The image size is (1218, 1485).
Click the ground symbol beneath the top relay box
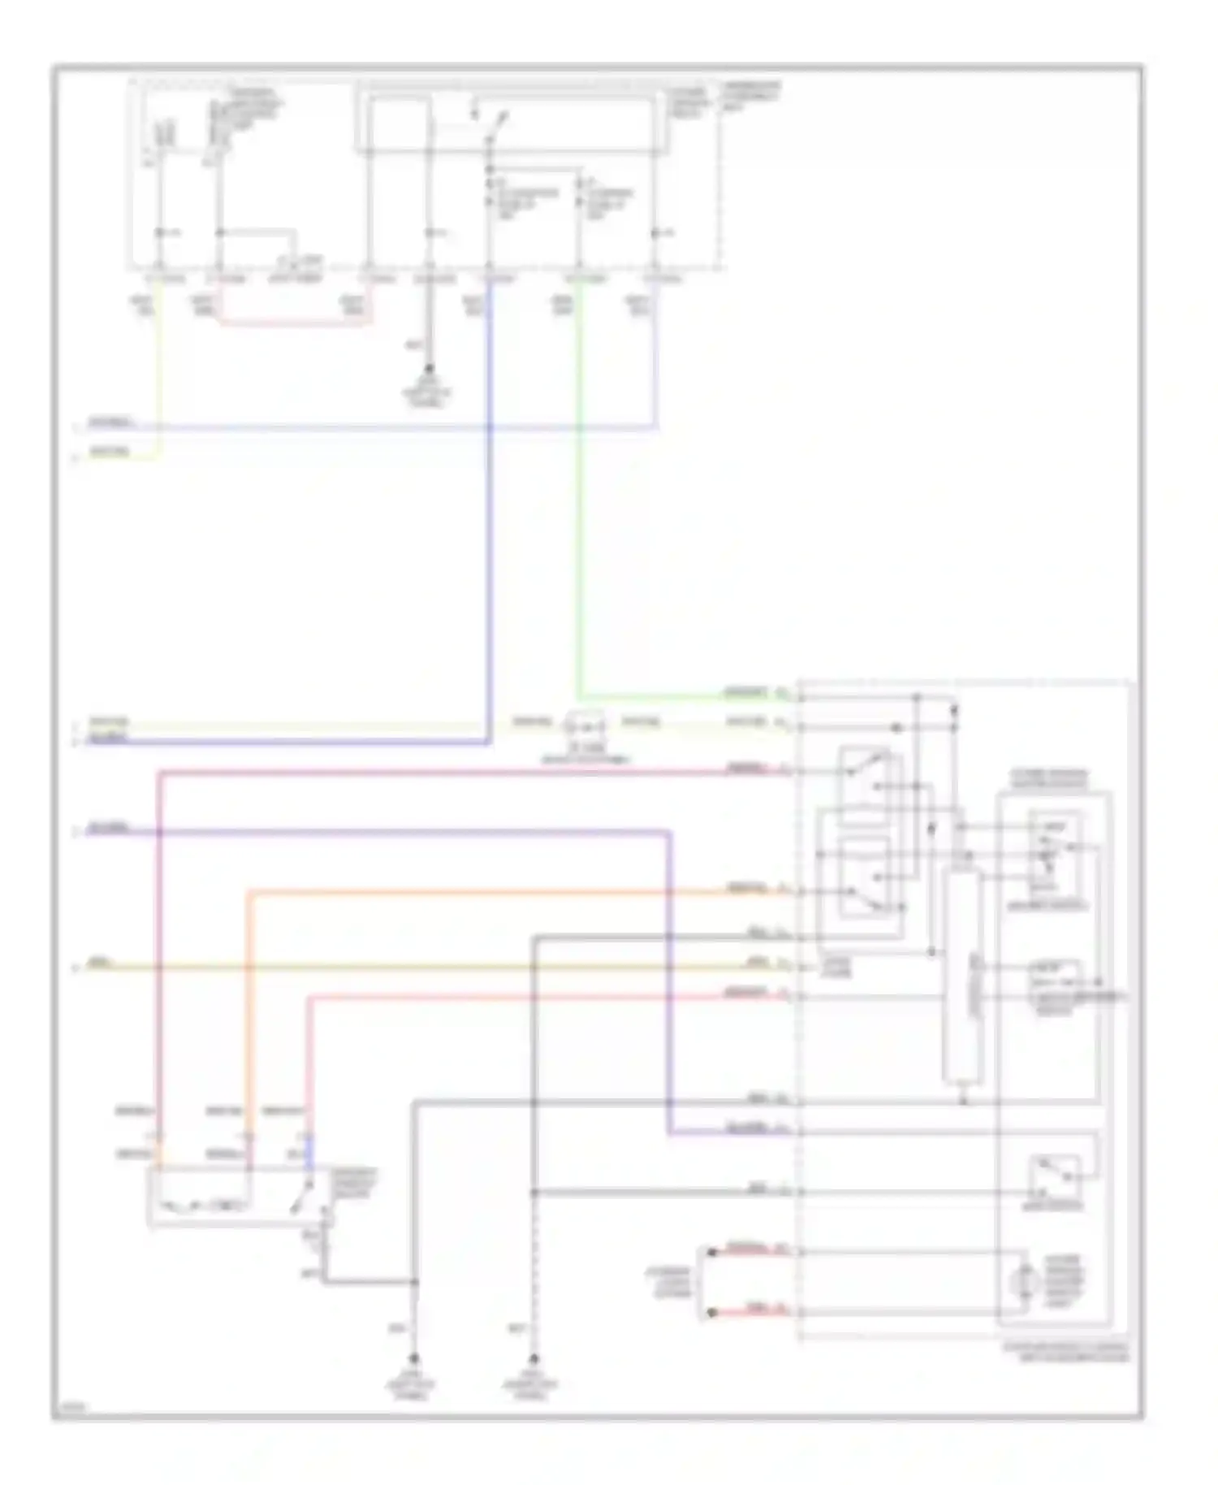tap(429, 370)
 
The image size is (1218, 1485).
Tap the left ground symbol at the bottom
tap(414, 1357)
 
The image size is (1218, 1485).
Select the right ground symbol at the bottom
tap(533, 1357)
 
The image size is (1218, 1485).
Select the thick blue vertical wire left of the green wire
tap(490, 528)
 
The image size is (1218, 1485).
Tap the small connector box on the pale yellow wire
tap(585, 721)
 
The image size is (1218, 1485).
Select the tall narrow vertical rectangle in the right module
tap(963, 975)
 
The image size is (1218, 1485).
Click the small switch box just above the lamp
tap(1054, 1177)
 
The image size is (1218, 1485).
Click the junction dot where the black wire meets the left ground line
tap(414, 1283)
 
